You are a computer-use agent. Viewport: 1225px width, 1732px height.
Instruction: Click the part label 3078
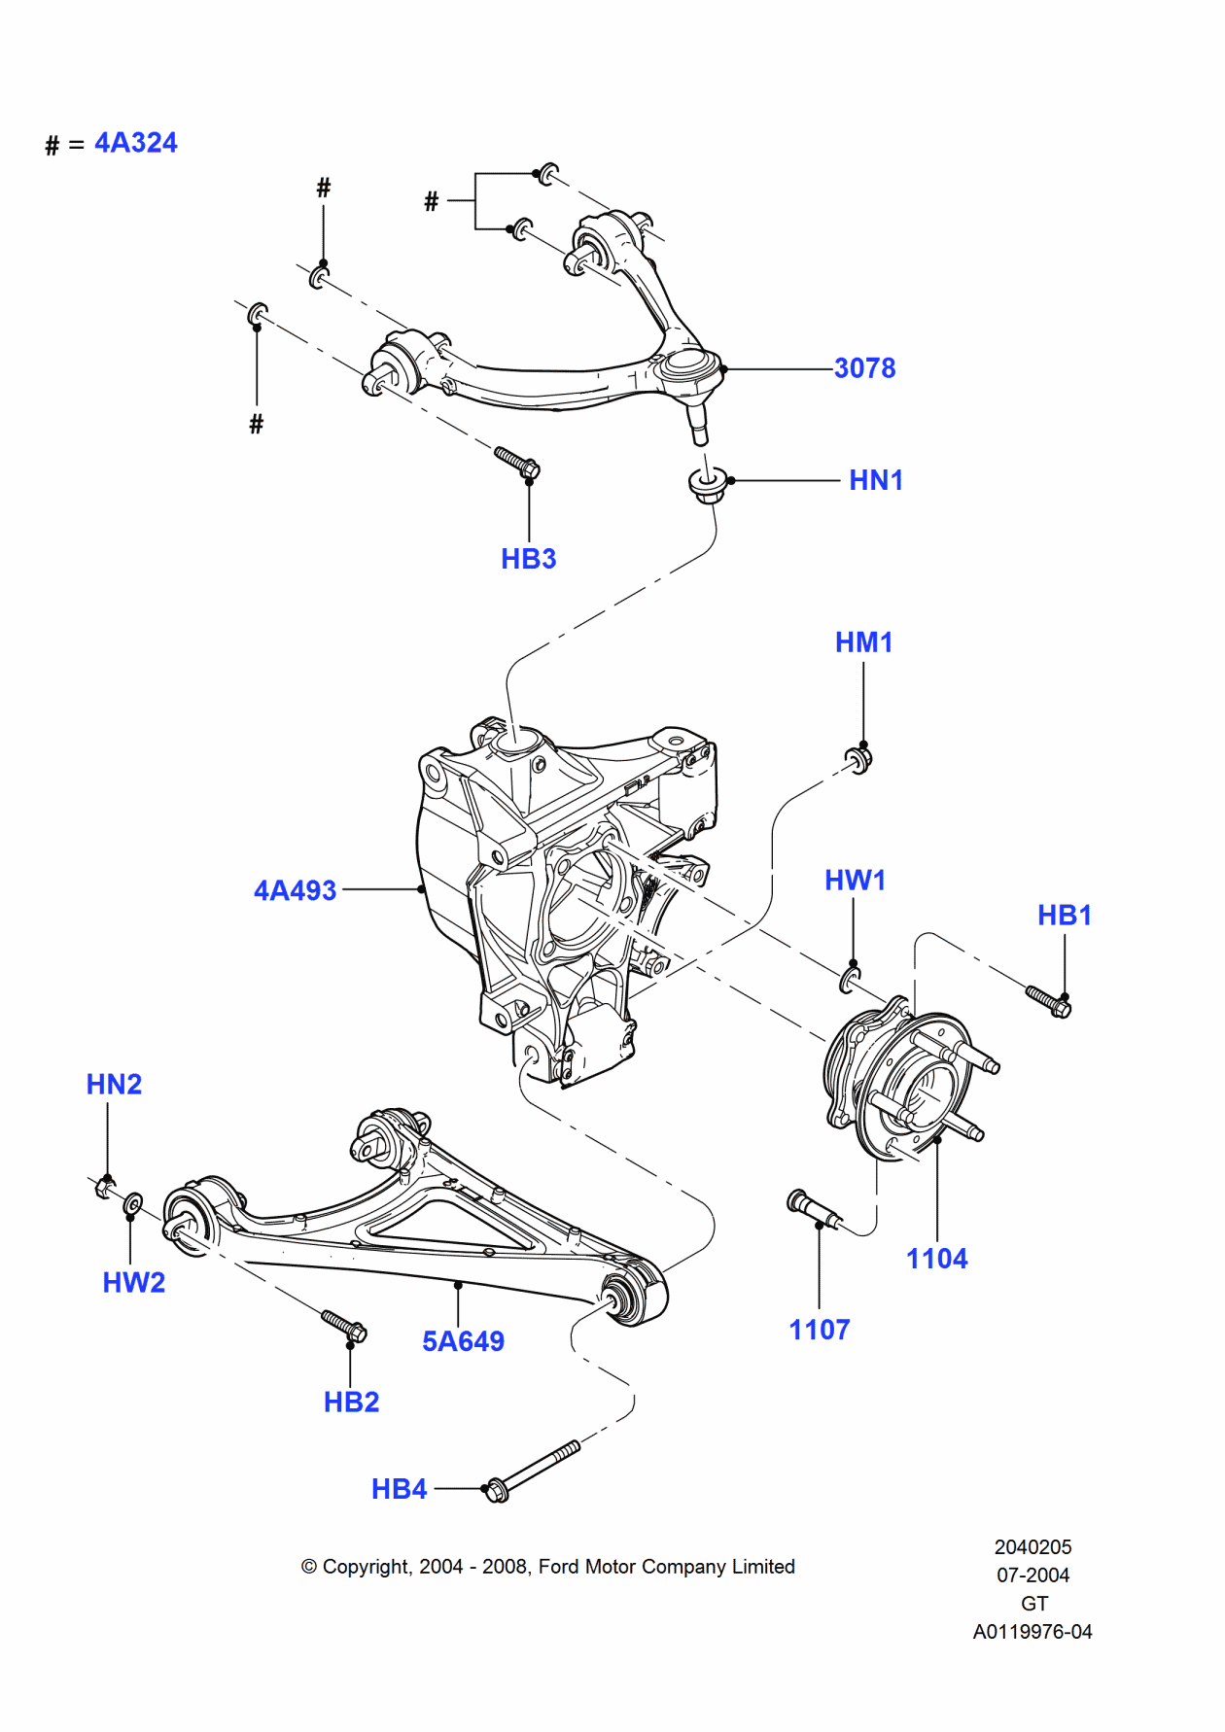[864, 368]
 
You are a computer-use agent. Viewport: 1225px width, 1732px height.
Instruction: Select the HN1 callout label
[876, 480]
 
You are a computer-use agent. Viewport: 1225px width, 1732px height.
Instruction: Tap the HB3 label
[529, 559]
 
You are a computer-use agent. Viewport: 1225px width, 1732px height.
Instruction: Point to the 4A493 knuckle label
[295, 890]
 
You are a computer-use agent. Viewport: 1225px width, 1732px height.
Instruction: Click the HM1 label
[863, 642]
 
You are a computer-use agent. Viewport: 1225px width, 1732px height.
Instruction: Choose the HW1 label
[855, 881]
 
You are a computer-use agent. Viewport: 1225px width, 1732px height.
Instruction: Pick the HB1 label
[1065, 916]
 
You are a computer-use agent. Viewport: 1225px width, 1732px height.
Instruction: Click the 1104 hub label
[937, 1259]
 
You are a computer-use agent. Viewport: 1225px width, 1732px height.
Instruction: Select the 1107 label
[820, 1330]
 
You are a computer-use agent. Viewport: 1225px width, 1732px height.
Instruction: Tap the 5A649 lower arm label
[463, 1341]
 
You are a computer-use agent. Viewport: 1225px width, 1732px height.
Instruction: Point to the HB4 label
[400, 1489]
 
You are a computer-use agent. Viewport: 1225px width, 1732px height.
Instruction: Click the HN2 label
[114, 1085]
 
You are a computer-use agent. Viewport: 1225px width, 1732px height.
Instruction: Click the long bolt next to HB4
[533, 1471]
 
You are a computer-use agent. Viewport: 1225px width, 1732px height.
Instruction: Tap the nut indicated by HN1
[707, 484]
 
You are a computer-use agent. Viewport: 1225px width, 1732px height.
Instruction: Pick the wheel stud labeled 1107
[815, 1208]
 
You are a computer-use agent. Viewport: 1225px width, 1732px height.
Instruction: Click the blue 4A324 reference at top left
[136, 143]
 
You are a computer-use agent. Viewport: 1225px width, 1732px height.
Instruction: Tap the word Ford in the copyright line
[559, 1567]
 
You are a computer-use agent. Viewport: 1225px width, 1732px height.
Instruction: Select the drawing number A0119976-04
[1032, 1632]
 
